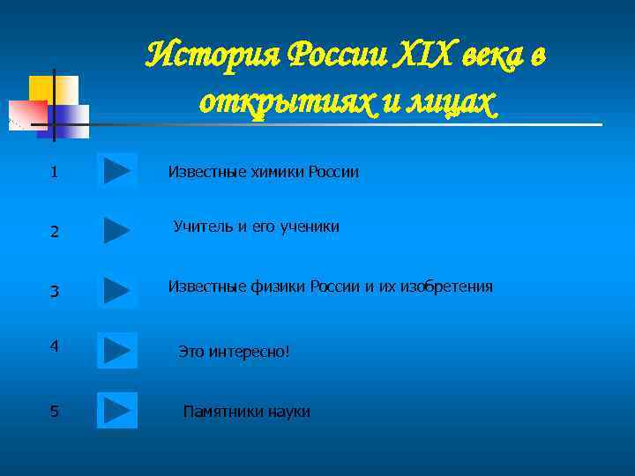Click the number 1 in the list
55,172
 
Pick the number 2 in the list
55,232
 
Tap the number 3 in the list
55,291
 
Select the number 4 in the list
55,346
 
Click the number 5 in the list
55,411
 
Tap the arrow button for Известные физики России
116,290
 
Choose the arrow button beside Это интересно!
116,350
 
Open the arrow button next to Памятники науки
116,410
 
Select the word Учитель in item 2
200,227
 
